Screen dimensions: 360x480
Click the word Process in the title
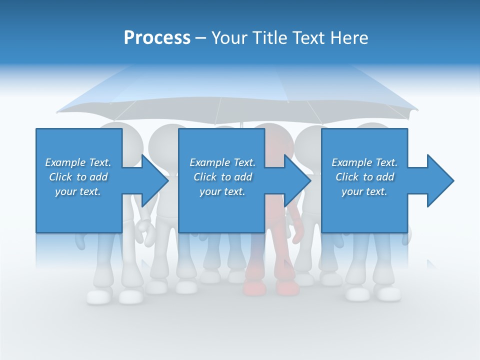157,38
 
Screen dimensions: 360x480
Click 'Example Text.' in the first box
78,162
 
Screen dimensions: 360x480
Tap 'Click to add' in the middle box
222,177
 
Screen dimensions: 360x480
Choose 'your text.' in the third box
364,191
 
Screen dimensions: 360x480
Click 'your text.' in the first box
78,191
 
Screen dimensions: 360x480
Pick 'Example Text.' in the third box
364,162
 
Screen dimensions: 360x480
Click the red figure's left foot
254,288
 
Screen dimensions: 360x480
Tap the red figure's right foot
287,288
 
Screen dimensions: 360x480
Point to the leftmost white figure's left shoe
98,297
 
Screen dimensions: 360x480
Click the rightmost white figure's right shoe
388,294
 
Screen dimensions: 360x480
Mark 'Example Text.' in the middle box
222,162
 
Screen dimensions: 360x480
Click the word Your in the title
229,38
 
